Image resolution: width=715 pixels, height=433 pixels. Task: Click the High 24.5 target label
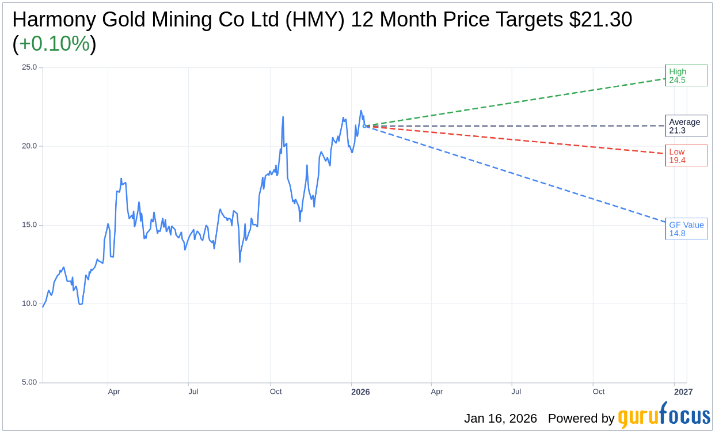coord(686,75)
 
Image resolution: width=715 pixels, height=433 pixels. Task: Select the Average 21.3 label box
coord(686,126)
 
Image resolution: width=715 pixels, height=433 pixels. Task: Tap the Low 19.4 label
coord(686,155)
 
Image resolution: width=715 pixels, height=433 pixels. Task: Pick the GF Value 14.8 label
coord(686,229)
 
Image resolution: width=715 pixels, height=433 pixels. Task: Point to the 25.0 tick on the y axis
coord(29,67)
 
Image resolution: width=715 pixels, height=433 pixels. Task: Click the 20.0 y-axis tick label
coord(29,146)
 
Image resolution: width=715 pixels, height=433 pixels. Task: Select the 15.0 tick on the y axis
coord(29,225)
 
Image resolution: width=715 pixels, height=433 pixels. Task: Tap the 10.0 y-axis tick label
coord(29,303)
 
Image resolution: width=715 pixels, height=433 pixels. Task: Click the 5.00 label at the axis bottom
coord(29,382)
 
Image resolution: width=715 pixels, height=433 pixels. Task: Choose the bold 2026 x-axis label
coord(360,392)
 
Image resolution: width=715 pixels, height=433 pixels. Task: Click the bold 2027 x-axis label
coord(683,392)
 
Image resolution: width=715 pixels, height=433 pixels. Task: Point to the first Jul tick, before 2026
coord(193,392)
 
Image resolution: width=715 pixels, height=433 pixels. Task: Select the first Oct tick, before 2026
coord(276,392)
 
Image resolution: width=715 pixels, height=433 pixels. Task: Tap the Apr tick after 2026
coord(437,392)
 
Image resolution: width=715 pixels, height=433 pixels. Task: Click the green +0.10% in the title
coord(54,44)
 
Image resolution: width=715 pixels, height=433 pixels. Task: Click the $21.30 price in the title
coord(600,20)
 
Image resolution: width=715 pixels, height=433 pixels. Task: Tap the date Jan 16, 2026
coord(500,419)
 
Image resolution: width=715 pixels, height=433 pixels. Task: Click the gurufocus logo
coord(663,416)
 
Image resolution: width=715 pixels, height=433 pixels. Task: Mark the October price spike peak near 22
coord(283,117)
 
